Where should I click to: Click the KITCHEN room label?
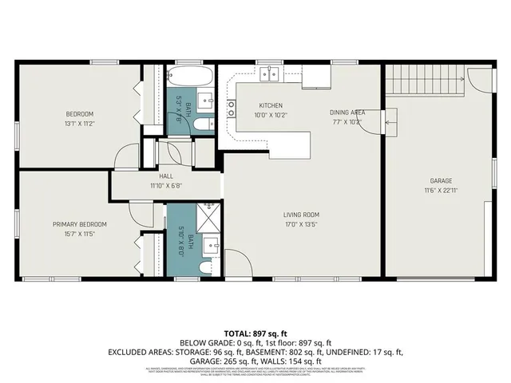pyautogui.click(x=271, y=105)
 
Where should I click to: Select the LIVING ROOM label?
pyautogui.click(x=300, y=215)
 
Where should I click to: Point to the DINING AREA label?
pyautogui.click(x=347, y=113)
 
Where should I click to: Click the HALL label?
pyautogui.click(x=166, y=176)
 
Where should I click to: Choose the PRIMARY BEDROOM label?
pyautogui.click(x=80, y=224)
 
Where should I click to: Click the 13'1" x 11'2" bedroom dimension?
pyautogui.click(x=79, y=123)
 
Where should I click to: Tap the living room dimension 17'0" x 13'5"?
pyautogui.click(x=300, y=225)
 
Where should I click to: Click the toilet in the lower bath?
pyautogui.click(x=204, y=268)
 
